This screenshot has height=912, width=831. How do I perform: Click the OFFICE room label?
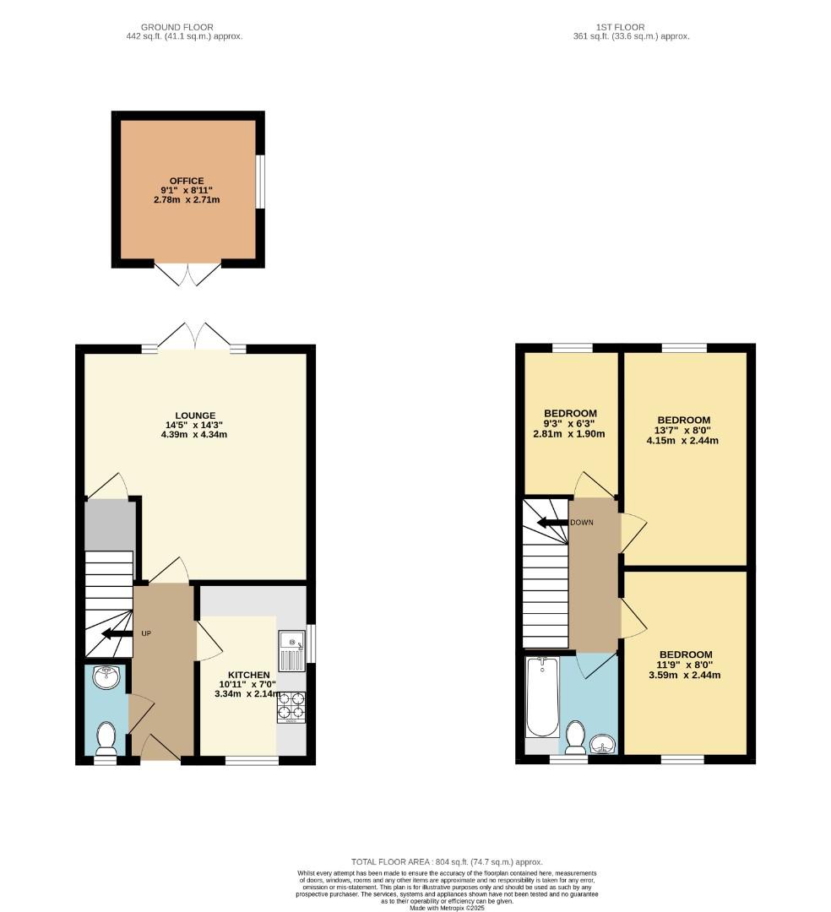pos(187,181)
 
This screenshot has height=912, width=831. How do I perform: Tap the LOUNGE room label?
pos(196,415)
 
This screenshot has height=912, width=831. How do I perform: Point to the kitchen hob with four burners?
pos(291,707)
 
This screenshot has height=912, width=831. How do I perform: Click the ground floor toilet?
pos(106,737)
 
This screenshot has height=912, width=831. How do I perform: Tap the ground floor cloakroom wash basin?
pos(106,676)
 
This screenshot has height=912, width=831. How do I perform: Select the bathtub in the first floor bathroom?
pos(541,698)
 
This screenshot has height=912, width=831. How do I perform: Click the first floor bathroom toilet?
pos(575,736)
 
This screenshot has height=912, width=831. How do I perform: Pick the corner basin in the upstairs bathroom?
pos(604,743)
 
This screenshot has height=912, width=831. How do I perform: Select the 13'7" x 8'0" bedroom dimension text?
pos(683,430)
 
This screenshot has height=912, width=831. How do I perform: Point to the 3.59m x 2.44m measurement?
pos(685,675)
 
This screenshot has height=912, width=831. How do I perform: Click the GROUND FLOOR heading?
pos(178,27)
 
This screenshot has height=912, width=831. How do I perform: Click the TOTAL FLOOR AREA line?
pos(446,861)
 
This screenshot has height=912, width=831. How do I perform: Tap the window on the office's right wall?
pos(261,181)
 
